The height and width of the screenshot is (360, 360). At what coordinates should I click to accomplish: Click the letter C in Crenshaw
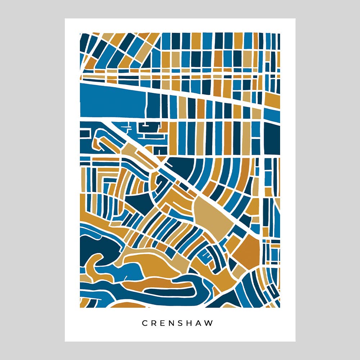[x=145, y=323]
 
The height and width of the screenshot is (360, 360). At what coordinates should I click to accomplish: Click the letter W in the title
[x=210, y=323]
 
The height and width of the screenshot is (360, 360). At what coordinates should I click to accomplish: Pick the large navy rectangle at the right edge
[x=272, y=139]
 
